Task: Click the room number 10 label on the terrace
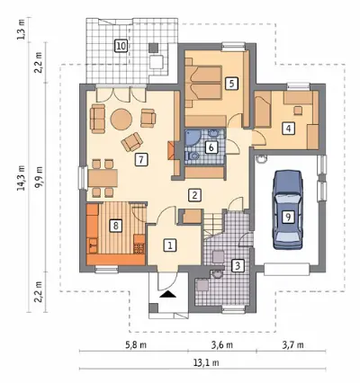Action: [121, 47]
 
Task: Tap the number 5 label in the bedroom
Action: [231, 83]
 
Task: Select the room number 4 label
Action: [288, 129]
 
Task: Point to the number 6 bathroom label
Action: [211, 147]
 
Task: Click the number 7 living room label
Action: [141, 159]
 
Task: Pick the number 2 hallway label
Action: [194, 195]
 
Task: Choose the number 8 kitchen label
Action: [116, 225]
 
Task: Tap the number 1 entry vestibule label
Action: [170, 245]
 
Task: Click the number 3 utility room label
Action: [238, 265]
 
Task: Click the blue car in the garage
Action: [288, 209]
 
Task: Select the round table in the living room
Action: [121, 119]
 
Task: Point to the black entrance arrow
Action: [168, 294]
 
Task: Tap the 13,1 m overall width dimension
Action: [206, 363]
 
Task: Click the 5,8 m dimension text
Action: [136, 345]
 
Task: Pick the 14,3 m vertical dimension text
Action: [21, 178]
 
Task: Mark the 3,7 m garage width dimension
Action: [292, 345]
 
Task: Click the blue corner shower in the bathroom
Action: [191, 138]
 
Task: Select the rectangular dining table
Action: [103, 178]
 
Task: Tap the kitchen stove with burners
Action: [139, 248]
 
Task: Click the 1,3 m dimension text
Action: [21, 30]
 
